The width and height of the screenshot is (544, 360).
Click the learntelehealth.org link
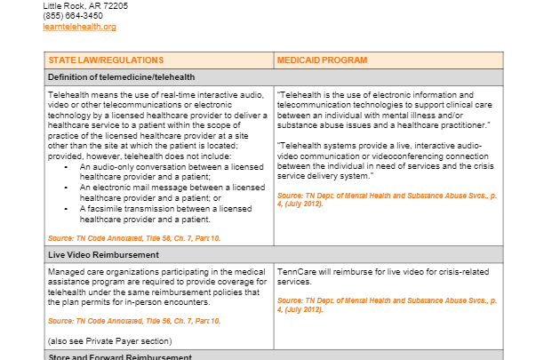pos(79,27)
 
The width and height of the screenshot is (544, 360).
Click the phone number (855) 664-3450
pos(71,16)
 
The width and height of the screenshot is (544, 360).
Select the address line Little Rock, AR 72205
pos(85,5)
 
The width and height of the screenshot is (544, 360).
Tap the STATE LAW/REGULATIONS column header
pos(106,60)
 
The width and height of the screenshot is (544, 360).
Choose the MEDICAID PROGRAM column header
pos(322,60)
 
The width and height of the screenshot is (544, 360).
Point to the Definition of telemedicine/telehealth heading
pos(121,77)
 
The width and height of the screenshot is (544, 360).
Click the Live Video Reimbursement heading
pos(103,254)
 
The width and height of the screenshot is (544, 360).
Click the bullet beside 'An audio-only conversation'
pos(68,166)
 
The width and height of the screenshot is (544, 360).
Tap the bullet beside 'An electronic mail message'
pos(68,187)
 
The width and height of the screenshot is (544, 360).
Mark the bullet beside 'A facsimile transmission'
pos(68,207)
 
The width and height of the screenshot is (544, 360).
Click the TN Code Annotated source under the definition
pos(134,238)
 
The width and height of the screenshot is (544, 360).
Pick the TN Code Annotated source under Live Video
pos(134,320)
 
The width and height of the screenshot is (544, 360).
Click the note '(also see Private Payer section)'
pos(108,340)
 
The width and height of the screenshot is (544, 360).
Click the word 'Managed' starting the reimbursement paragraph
pos(66,270)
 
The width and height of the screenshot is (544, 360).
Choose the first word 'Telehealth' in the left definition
pos(68,95)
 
